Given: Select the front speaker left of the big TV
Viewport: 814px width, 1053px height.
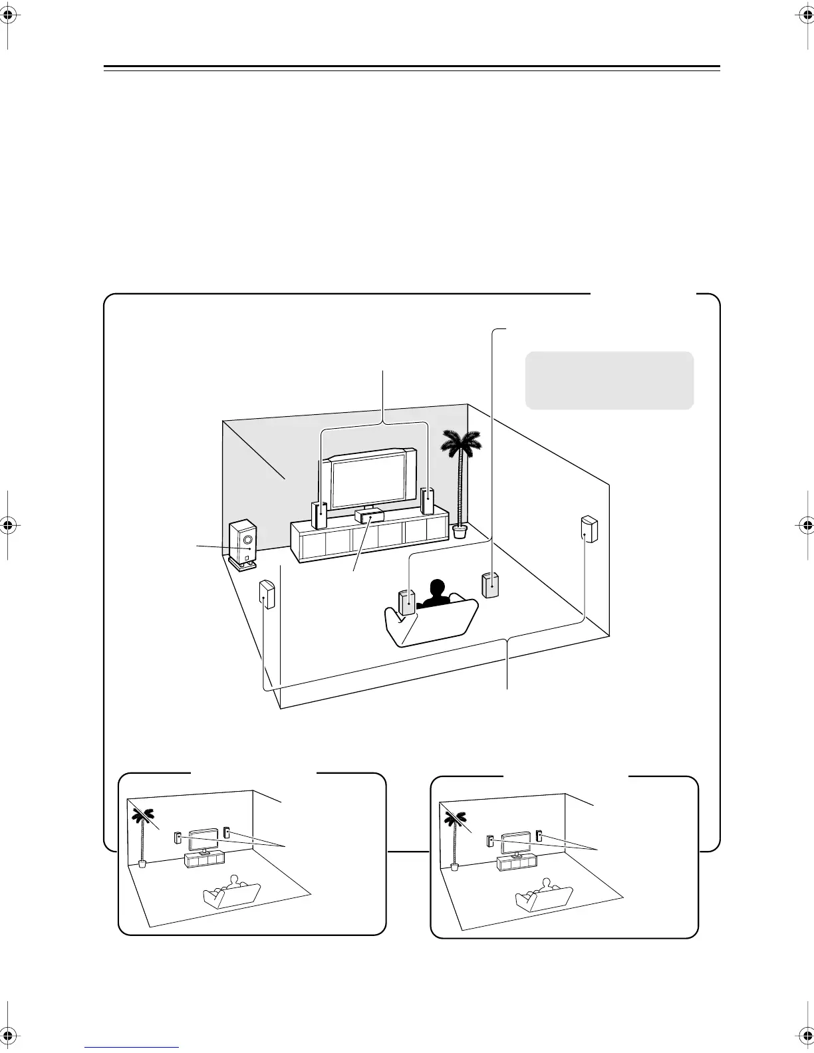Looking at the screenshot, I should pyautogui.click(x=319, y=514).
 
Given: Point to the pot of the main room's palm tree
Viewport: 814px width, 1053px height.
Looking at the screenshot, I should pyautogui.click(x=459, y=530).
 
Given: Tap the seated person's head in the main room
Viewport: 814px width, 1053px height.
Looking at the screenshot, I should pyautogui.click(x=437, y=590).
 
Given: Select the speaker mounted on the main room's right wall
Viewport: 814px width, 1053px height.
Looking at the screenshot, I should pyautogui.click(x=589, y=529).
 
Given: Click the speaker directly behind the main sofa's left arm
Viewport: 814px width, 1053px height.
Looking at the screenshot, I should pyautogui.click(x=407, y=602).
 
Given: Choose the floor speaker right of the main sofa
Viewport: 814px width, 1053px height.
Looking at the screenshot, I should pyautogui.click(x=491, y=585).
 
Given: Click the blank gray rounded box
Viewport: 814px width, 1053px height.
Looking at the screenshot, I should pyautogui.click(x=609, y=380).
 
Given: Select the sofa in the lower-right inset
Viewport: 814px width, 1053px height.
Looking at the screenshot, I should pyautogui.click(x=543, y=899).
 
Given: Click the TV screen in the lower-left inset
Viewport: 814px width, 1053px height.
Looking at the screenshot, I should pyautogui.click(x=204, y=839).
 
